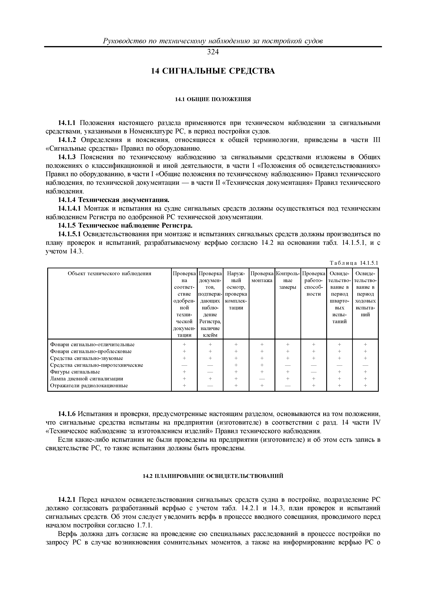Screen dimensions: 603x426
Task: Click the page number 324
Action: pyautogui.click(x=213, y=52)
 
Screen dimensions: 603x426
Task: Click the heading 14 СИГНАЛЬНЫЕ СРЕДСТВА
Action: pyautogui.click(x=213, y=71)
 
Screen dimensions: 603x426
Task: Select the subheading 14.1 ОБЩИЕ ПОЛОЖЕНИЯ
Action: pyautogui.click(x=213, y=99)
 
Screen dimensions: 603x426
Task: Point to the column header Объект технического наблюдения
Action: pyautogui.click(x=109, y=273)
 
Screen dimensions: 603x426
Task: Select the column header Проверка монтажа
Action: pyautogui.click(x=262, y=277)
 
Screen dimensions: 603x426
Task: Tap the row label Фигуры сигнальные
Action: pyautogui.click(x=75, y=372)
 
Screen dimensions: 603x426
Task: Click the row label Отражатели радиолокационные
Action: pyautogui.click(x=89, y=386)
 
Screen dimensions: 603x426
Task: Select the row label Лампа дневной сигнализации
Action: pyautogui.click(x=87, y=379)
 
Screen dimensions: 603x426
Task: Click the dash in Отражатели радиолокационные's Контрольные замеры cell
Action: pyautogui.click(x=288, y=386)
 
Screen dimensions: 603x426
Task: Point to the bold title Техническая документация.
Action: pyautogui.click(x=124, y=200)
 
